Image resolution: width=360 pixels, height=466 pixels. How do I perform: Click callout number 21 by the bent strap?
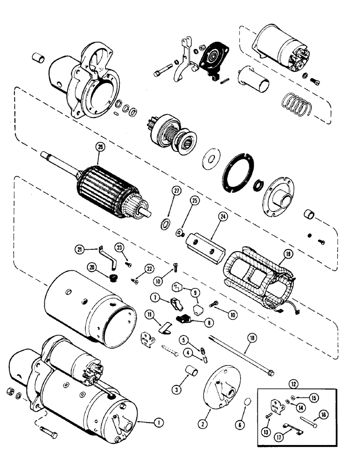pos(83,250)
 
